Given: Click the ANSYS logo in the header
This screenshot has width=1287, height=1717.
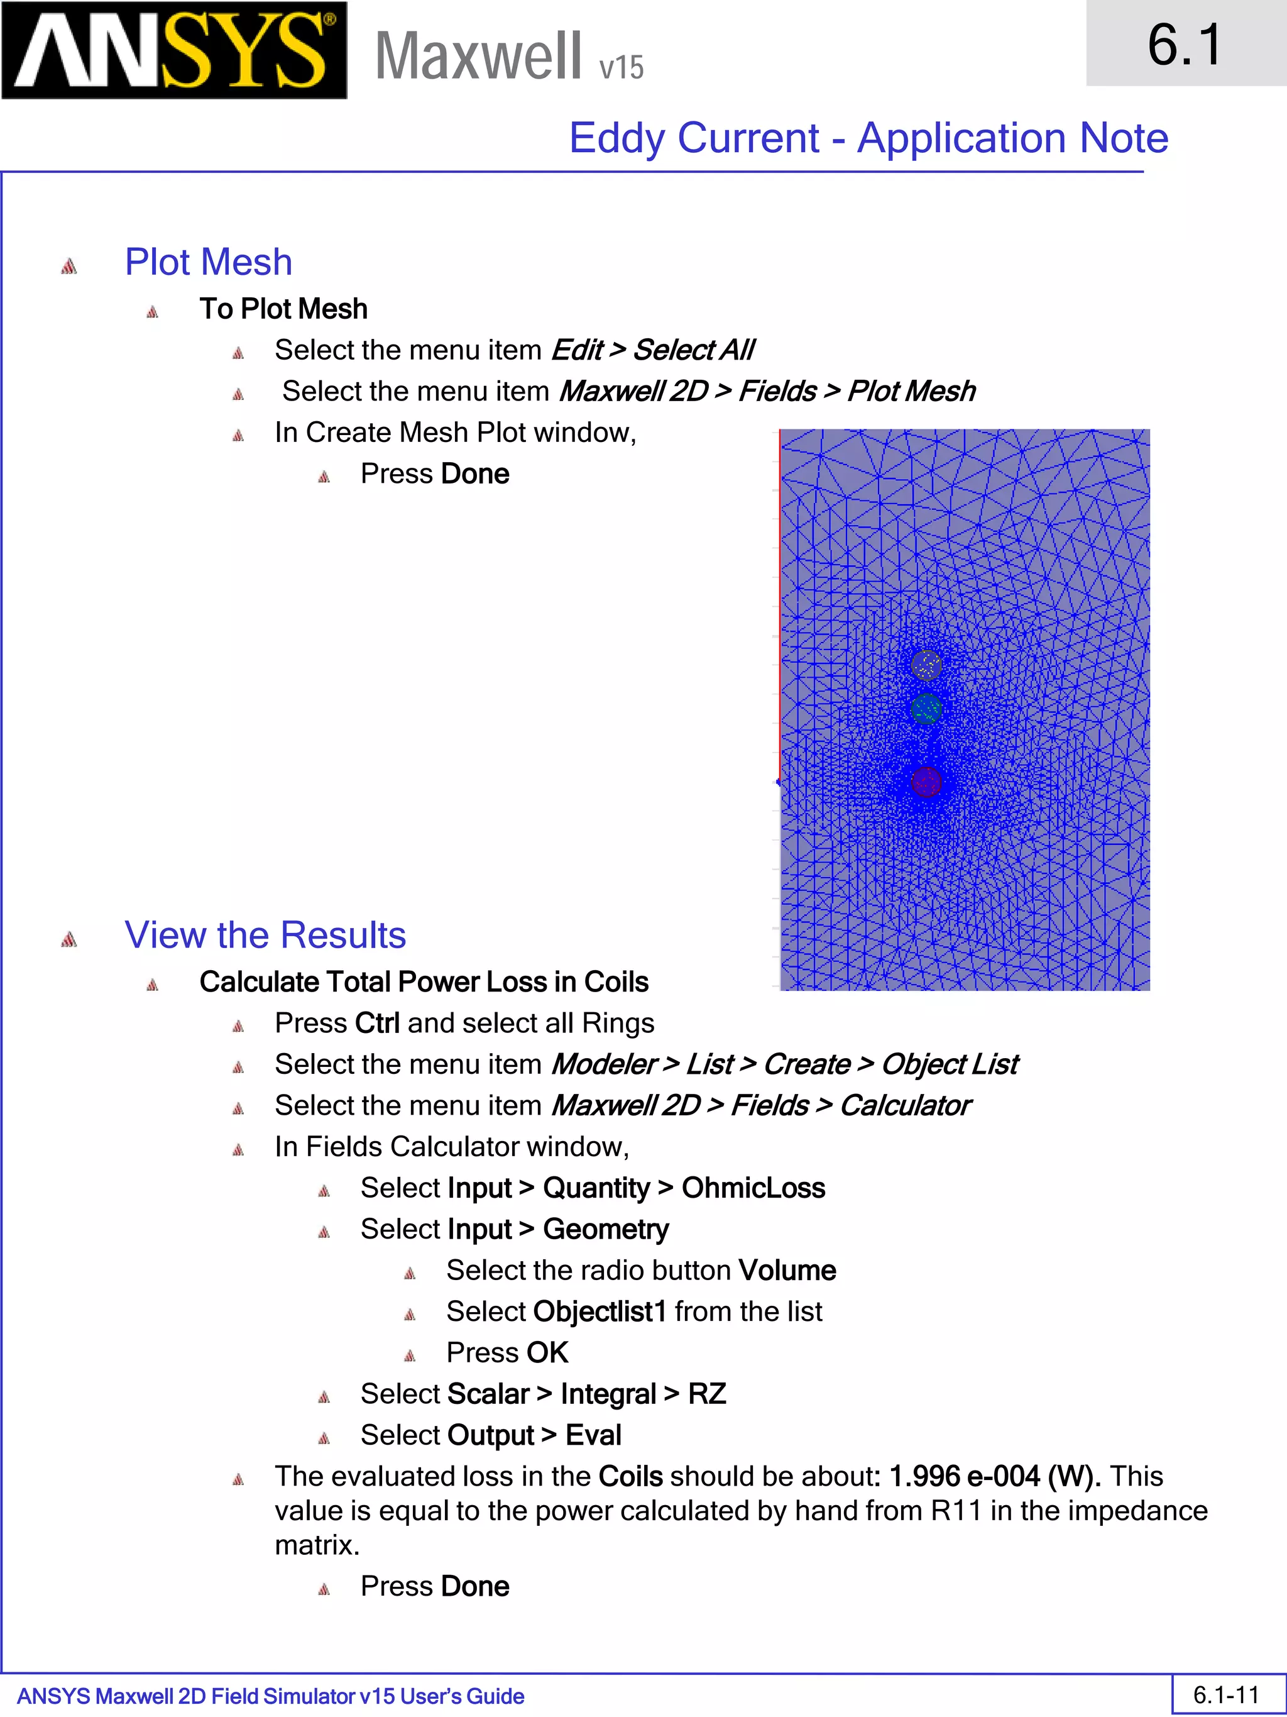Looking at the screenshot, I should click(x=174, y=50).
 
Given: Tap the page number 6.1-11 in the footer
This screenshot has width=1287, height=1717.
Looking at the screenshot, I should click(x=1225, y=1695).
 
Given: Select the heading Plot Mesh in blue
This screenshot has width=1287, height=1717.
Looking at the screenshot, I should click(x=209, y=262).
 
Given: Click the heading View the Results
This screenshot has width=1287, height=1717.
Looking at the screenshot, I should click(x=265, y=936).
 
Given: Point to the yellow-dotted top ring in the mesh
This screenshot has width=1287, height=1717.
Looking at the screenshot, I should click(x=926, y=665).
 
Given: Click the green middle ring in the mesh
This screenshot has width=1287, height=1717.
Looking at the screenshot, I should click(x=926, y=709).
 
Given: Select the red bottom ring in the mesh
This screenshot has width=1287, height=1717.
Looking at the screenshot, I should click(x=926, y=781).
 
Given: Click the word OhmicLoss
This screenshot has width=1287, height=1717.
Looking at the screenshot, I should click(x=753, y=1188).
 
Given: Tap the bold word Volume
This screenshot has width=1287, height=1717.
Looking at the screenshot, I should click(x=787, y=1271).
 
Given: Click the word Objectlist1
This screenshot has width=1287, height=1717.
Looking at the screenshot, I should click(x=599, y=1312).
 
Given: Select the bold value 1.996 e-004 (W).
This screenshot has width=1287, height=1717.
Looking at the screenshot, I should click(x=995, y=1476).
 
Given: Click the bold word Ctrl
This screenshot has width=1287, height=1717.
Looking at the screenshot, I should click(x=377, y=1024).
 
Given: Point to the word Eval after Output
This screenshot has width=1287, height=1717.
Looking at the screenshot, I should click(x=593, y=1435).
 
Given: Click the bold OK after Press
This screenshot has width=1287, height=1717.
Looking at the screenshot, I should click(x=548, y=1353).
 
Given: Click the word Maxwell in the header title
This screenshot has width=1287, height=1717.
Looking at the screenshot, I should click(x=478, y=56).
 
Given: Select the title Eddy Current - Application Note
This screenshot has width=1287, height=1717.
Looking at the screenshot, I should click(x=868, y=138).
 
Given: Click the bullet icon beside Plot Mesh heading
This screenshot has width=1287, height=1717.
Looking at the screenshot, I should click(x=69, y=266).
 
